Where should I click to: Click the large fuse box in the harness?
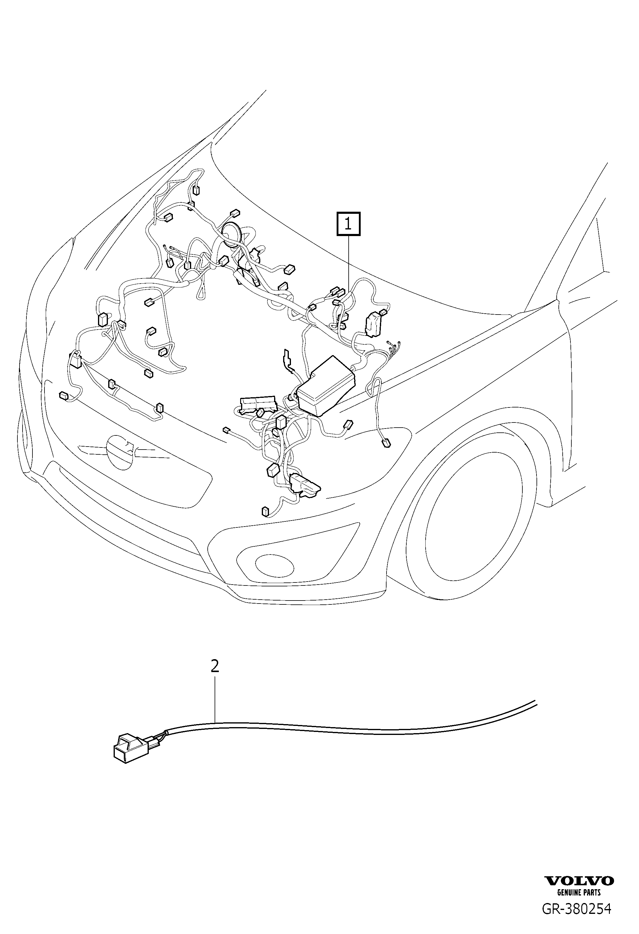click(x=326, y=386)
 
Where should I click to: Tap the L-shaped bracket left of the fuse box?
click(x=287, y=360)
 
